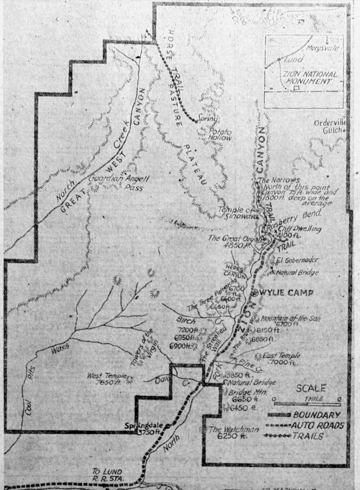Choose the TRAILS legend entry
click(310, 436)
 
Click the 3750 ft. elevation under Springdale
click(148, 432)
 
